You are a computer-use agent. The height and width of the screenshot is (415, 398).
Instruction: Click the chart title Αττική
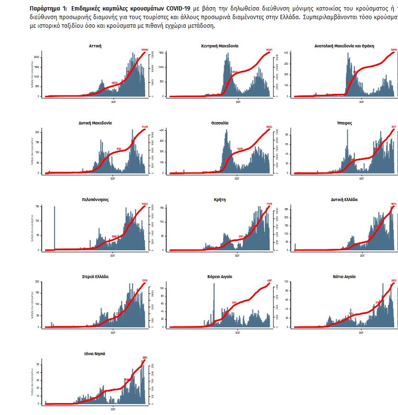point(95,46)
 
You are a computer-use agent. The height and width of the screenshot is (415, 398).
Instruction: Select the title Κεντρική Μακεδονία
point(220,46)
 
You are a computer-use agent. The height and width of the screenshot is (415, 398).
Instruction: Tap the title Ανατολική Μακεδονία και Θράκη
point(344,46)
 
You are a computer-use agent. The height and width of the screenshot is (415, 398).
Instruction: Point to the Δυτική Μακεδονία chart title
point(95,123)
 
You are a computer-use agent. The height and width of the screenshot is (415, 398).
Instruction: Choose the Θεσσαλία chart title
point(220,123)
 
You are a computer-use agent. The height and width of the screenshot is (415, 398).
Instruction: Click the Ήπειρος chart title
point(344,123)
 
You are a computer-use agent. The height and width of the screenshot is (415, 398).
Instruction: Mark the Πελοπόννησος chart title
point(95,200)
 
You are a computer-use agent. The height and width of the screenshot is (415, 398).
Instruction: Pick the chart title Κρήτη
point(220,200)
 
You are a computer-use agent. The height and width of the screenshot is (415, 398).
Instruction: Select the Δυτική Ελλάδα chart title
point(344,200)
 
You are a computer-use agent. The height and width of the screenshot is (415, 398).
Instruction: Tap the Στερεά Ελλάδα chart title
point(95,277)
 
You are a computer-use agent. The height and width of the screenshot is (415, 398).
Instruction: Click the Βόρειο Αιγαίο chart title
point(220,277)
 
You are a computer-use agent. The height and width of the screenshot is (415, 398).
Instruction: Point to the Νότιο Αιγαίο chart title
point(344,277)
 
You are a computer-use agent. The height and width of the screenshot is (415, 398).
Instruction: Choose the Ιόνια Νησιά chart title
point(95,353)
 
